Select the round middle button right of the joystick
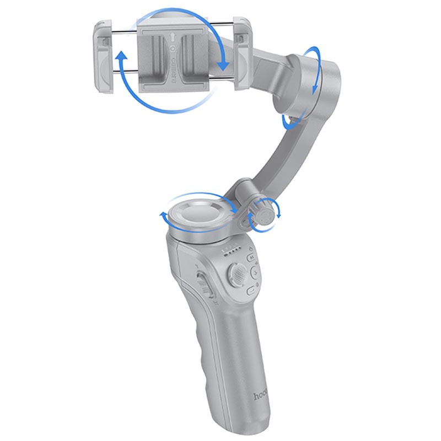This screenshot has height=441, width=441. pyautogui.click(x=255, y=272)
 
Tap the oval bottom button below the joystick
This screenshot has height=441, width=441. pyautogui.click(x=251, y=289)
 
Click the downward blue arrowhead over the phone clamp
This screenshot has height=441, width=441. pyautogui.click(x=223, y=66)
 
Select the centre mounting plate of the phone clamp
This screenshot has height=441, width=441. pyautogui.click(x=174, y=55)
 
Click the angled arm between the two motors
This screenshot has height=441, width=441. pyautogui.click(x=276, y=154)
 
